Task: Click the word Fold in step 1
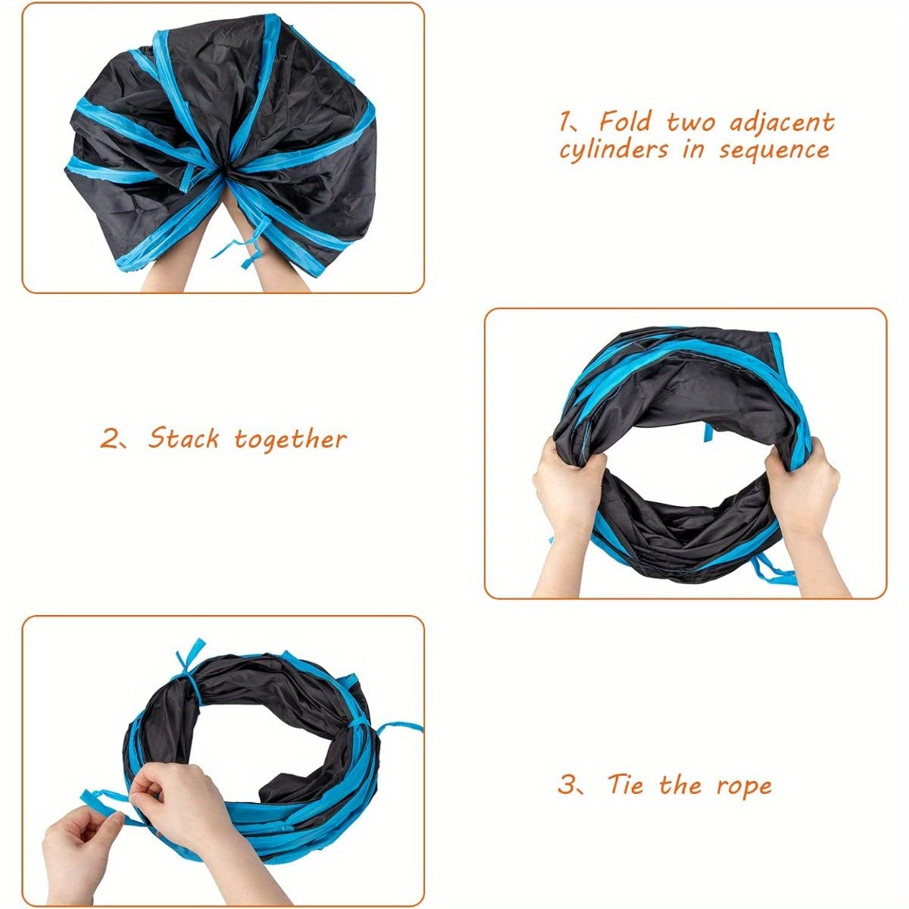[625, 122]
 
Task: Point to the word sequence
[774, 151]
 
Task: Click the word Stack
[183, 439]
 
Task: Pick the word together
[291, 439]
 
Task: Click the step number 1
[564, 122]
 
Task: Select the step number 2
[108, 439]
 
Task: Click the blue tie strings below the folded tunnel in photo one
[241, 249]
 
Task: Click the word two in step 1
[690, 123]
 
